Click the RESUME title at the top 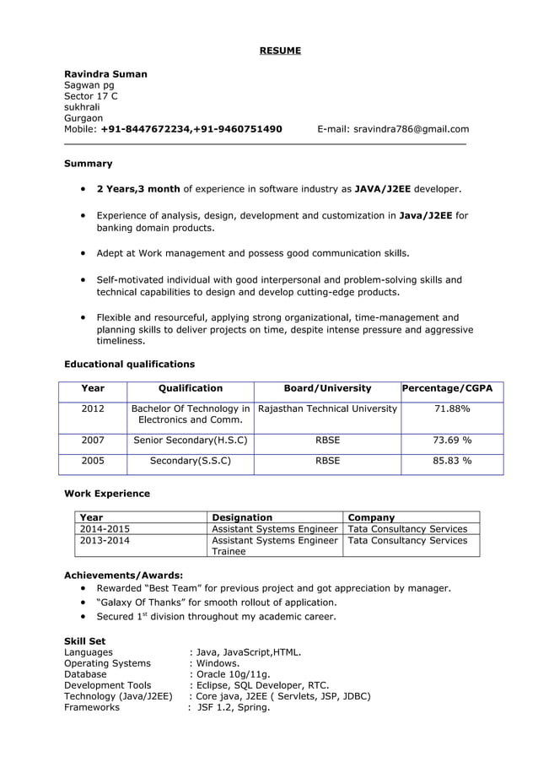point(279,51)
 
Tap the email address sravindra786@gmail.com point(411,129)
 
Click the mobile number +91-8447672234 point(145,129)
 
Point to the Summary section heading point(89,163)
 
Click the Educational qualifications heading point(129,365)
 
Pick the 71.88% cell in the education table point(452,409)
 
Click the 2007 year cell point(93,440)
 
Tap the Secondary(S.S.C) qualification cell point(190,462)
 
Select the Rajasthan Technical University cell point(327,409)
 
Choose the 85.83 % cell point(452,462)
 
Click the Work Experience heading point(107,494)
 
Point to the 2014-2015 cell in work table point(105,529)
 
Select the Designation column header point(242,517)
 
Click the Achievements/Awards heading point(124,576)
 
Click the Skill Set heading point(84,641)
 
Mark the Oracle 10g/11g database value point(233,674)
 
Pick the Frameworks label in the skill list point(92,707)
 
